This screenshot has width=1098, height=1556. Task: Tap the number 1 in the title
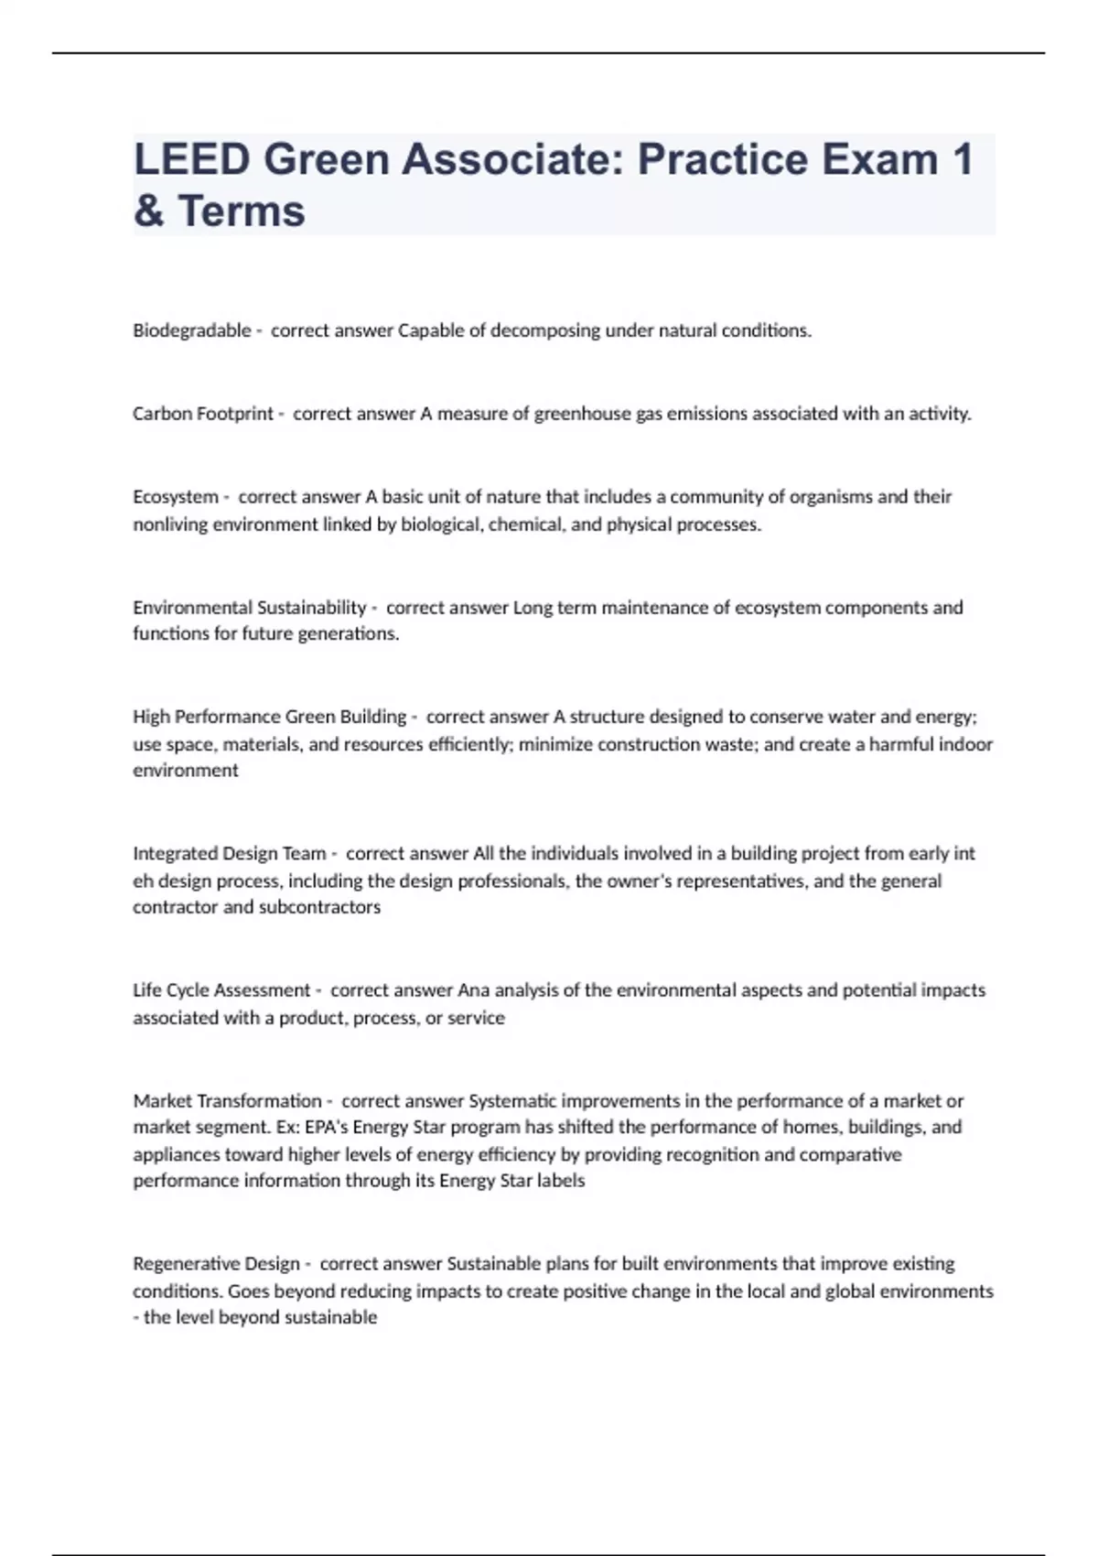962,159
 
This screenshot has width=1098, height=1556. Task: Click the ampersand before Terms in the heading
149,211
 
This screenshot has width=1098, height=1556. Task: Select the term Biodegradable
191,330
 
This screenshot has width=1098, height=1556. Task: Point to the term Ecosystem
175,497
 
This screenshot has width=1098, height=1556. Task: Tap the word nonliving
170,524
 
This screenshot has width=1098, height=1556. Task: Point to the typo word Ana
473,990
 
